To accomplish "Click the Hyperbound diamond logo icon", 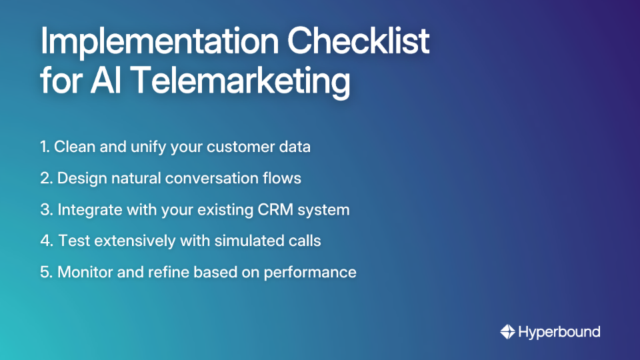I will click(507, 331).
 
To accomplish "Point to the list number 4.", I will click(46, 241).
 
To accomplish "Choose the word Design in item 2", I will click(81, 178).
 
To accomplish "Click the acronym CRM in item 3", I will click(268, 209).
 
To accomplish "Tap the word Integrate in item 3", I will click(88, 209).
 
